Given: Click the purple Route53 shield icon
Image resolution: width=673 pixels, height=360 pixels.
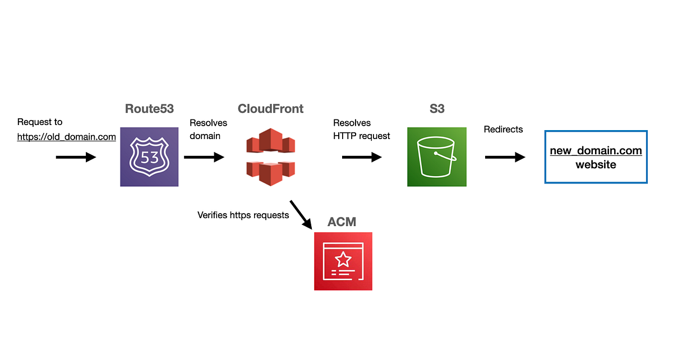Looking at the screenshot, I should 149,158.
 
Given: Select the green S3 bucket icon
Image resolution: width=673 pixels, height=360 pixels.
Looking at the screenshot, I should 437,157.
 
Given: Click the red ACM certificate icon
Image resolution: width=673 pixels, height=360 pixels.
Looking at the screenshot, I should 343,261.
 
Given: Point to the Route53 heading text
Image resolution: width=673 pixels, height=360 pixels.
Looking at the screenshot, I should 149,109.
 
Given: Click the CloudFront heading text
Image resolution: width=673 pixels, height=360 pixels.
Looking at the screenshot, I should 270,109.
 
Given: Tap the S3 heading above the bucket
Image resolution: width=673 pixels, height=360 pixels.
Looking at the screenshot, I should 437,109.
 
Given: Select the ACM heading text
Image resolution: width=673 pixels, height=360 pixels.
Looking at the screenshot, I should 342,222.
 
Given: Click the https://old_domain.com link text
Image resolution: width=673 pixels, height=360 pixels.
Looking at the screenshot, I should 67,136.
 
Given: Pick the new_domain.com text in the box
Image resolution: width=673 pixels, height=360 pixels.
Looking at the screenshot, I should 596,151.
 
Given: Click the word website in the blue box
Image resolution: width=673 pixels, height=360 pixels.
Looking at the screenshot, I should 596,165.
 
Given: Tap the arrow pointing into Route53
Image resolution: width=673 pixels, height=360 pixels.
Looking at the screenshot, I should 76,158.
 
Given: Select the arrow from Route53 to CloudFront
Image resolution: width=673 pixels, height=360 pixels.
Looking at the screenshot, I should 204,158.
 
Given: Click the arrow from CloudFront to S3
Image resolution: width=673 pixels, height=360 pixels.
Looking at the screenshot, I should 362,158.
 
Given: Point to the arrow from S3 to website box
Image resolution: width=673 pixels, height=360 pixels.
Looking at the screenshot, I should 505,158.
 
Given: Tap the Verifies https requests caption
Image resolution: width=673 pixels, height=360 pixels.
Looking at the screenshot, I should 243,215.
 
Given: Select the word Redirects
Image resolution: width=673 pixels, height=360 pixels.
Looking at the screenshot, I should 503,130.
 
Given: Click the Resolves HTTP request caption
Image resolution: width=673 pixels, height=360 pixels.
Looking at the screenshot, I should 362,130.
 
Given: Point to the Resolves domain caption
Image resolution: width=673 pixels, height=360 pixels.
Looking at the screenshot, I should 208,130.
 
